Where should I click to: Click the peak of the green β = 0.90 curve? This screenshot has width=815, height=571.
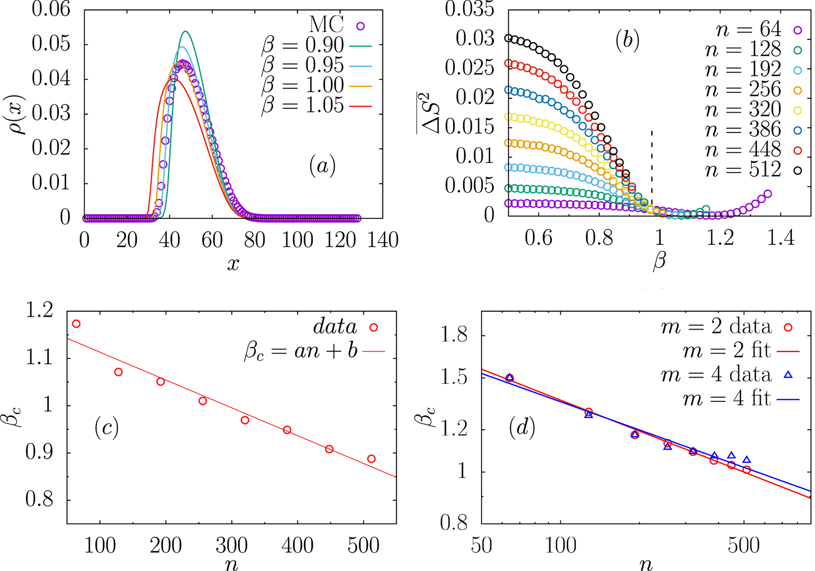pyautogui.click(x=185, y=31)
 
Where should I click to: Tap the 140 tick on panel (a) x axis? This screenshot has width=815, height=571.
pyautogui.click(x=383, y=240)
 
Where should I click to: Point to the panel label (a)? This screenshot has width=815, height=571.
pyautogui.click(x=322, y=166)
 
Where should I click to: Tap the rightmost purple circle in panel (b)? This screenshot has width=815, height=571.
pyautogui.click(x=767, y=194)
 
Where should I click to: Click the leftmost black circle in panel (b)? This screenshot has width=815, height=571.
pyautogui.click(x=509, y=38)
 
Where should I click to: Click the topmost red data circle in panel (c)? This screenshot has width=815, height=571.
pyautogui.click(x=76, y=324)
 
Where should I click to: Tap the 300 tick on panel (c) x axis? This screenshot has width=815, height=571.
pyautogui.click(x=232, y=546)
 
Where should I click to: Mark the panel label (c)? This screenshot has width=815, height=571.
pyautogui.click(x=107, y=428)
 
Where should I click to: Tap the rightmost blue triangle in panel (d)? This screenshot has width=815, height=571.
pyautogui.click(x=746, y=460)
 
